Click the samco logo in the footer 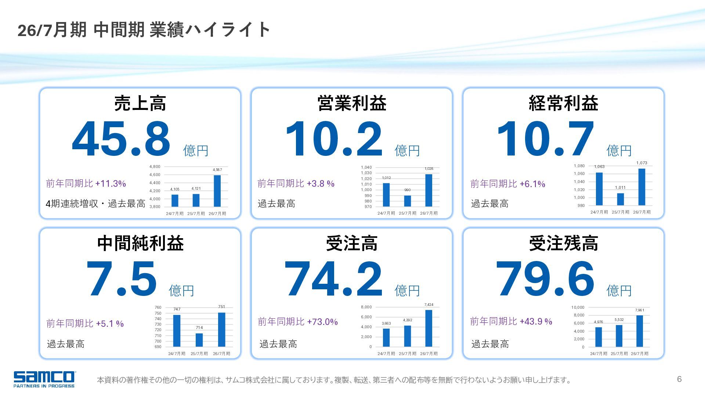[x=44, y=379]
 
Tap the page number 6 [x=679, y=379]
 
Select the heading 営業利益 [x=352, y=103]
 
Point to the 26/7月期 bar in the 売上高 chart [x=217, y=191]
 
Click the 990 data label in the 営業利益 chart [x=408, y=190]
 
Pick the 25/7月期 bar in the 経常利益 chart [x=621, y=199]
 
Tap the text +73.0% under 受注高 [x=322, y=322]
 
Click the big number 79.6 [x=545, y=279]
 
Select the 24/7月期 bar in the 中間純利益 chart [x=177, y=330]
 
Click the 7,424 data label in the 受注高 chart [x=429, y=305]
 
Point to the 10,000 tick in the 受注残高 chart [x=578, y=307]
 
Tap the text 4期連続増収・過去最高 [x=95, y=204]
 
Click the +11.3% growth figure [x=111, y=183]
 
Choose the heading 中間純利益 [x=140, y=243]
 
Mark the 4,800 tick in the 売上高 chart [x=155, y=167]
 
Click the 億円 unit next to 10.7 [x=619, y=151]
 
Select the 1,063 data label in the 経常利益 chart [x=599, y=167]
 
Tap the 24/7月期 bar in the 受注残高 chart [x=599, y=337]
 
